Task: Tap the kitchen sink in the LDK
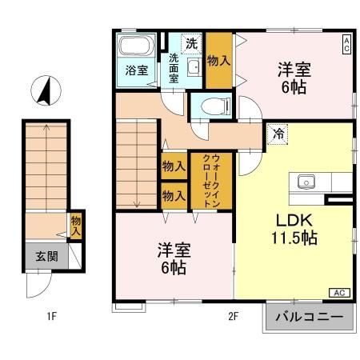[306, 182]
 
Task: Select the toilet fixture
[215, 105]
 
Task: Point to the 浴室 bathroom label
[137, 70]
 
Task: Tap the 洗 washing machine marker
[191, 42]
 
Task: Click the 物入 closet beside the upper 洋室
[218, 60]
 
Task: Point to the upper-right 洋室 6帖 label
[294, 78]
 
